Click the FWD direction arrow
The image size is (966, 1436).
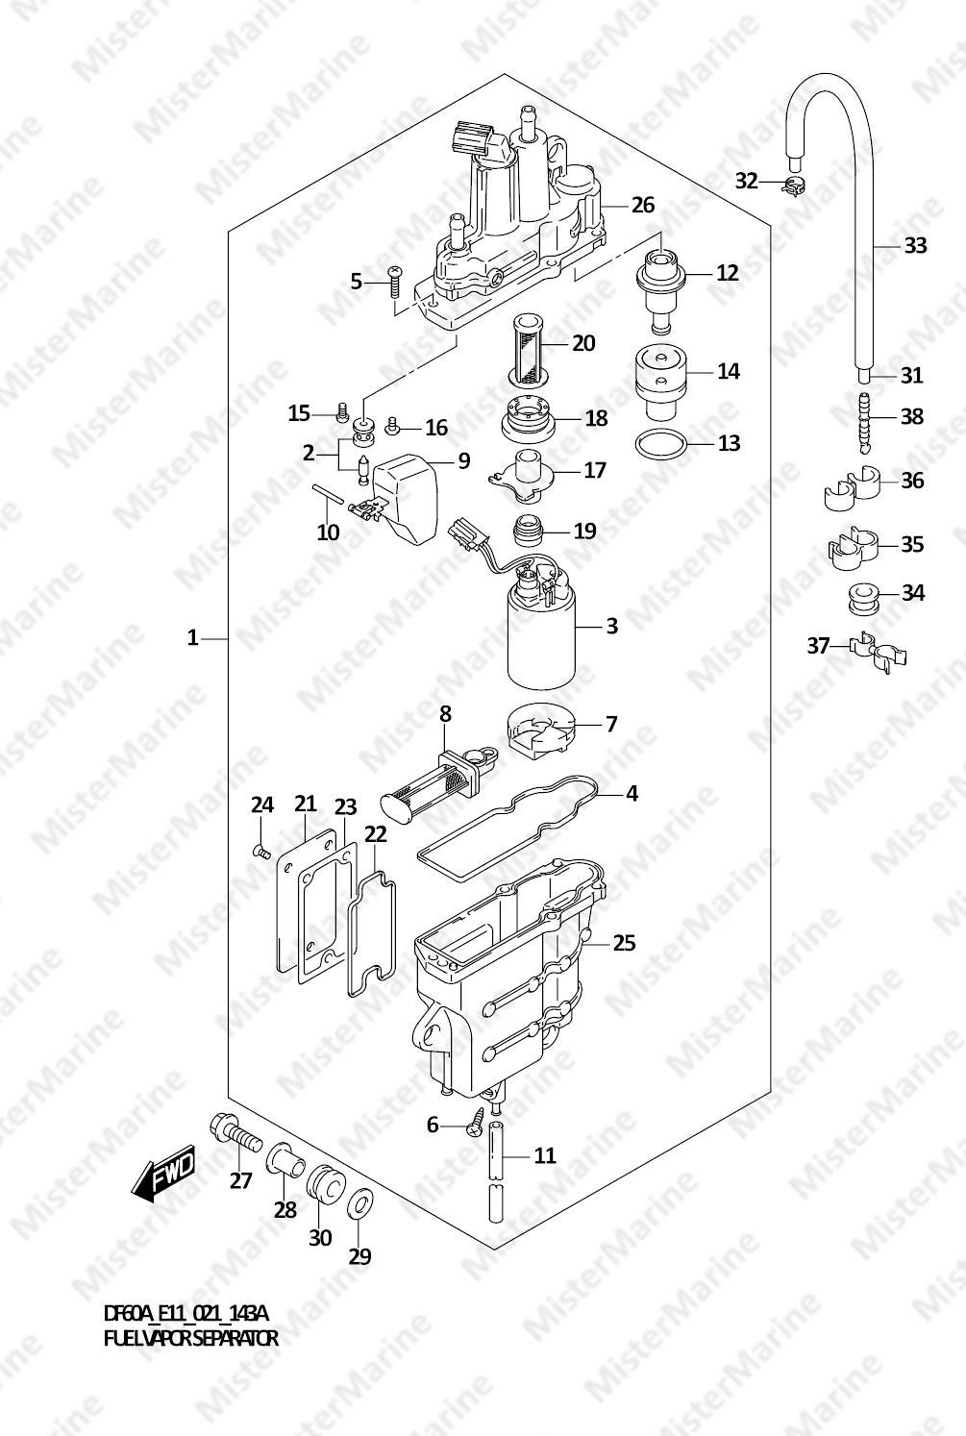162,1172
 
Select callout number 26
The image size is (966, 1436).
643,205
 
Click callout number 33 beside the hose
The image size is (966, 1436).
915,245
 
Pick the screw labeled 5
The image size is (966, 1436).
393,282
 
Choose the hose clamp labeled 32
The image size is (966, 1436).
793,186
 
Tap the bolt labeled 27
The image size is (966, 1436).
235,1137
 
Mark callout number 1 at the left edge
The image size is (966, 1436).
192,638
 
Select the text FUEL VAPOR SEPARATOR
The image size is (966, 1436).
191,1339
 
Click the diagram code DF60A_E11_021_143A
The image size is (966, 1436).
186,1315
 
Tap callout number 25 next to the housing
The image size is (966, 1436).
624,943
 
